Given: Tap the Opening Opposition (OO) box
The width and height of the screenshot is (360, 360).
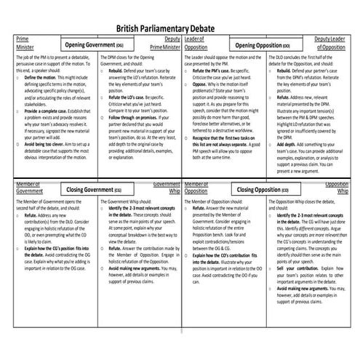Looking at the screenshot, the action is (x=268, y=44).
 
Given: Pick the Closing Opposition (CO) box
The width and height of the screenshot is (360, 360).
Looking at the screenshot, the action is (x=268, y=190).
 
